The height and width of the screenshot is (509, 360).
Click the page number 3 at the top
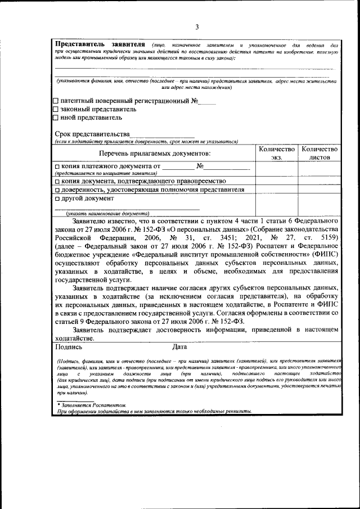pyautogui.click(x=197, y=26)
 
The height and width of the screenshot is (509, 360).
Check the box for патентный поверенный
pyautogui.click(x=55, y=101)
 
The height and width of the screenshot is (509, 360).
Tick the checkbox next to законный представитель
pyautogui.click(x=55, y=109)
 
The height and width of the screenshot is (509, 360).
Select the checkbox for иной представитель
pyautogui.click(x=55, y=118)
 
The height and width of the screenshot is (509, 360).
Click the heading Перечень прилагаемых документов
pyautogui.click(x=155, y=153)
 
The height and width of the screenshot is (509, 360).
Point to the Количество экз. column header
pyautogui.click(x=276, y=153)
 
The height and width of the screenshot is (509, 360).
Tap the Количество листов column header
pyautogui.click(x=319, y=153)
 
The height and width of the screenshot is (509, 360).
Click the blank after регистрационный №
pyautogui.click(x=208, y=102)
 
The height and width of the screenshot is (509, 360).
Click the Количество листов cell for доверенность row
pyautogui.click(x=319, y=190)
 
